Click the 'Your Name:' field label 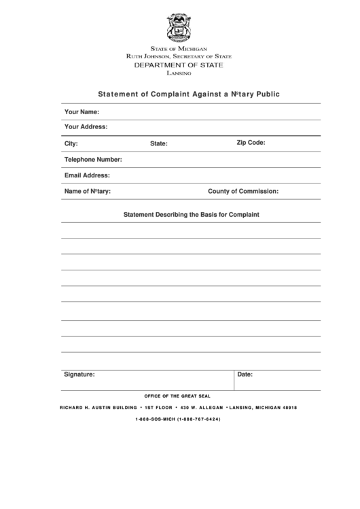tap(82, 111)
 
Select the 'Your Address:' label tap(86, 127)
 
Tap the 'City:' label tap(71, 144)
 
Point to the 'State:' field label tap(159, 144)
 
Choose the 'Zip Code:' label tap(251, 143)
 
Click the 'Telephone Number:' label tap(93, 160)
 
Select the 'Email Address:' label tap(87, 175)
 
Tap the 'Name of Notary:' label tap(87, 192)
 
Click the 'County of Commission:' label tap(243, 192)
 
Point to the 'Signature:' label tap(79, 374)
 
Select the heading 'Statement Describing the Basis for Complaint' tap(191, 215)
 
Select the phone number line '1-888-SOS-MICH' tap(178, 419)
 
